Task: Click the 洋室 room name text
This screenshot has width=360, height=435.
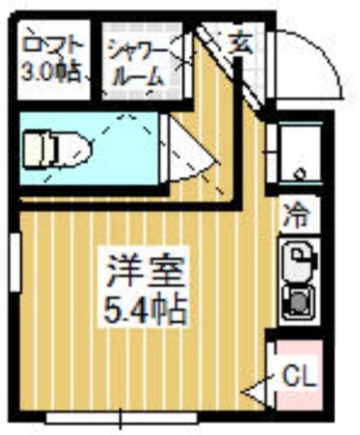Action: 144,272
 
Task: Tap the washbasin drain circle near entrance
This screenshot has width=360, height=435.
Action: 299,174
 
